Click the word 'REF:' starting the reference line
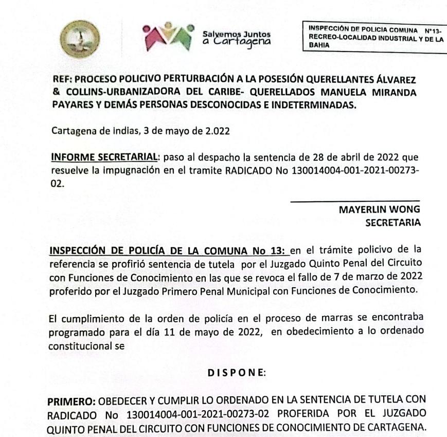63,82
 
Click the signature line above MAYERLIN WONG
355,200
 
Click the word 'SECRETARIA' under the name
392,222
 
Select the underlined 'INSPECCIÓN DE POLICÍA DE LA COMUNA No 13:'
169,251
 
